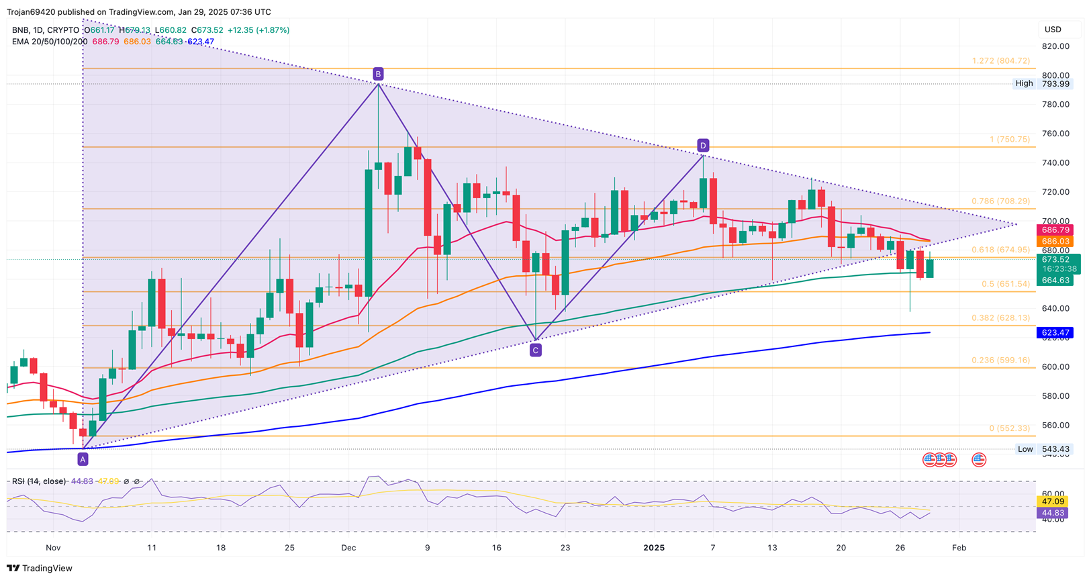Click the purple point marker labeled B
click(x=378, y=74)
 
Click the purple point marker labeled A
click(x=83, y=459)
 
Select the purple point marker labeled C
click(x=535, y=350)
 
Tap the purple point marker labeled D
click(x=702, y=146)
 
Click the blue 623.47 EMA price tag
click(x=1055, y=333)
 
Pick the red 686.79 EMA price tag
click(x=1055, y=230)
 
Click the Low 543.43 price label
click(x=1043, y=449)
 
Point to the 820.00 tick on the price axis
click(x=1055, y=46)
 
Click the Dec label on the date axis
click(x=348, y=548)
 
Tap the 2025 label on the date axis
click(x=654, y=548)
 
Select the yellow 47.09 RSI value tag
click(x=1053, y=501)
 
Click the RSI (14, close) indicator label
click(x=39, y=481)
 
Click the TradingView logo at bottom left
click(x=40, y=569)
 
